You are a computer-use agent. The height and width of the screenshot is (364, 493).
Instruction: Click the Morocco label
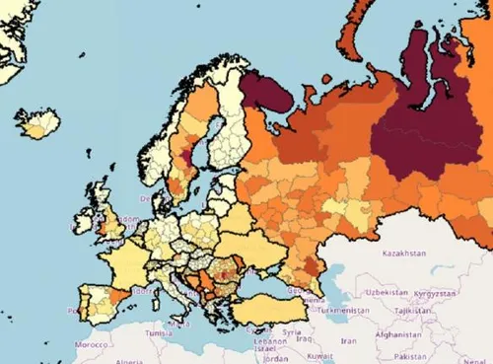(91, 345)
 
